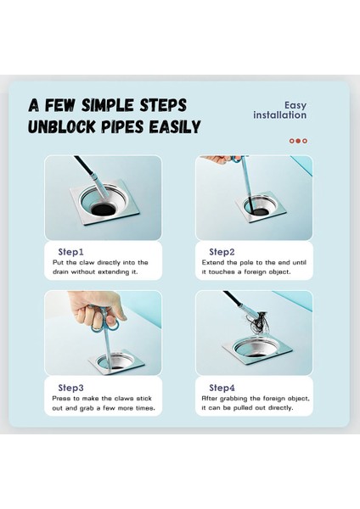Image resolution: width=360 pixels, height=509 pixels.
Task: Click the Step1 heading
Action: [x=70, y=252]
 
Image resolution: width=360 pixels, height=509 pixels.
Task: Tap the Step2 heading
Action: [x=222, y=252]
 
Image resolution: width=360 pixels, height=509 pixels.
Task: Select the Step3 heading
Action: [x=70, y=388]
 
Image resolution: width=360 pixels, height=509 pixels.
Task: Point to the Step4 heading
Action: [x=222, y=388]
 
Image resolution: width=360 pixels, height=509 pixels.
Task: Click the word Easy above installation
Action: [x=295, y=105]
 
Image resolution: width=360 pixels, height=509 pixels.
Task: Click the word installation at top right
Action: [x=279, y=115]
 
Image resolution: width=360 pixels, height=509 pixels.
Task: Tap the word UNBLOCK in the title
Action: [x=62, y=127]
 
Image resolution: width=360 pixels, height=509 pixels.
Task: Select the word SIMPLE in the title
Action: [x=107, y=105]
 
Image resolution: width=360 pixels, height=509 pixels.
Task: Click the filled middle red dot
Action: [x=298, y=141]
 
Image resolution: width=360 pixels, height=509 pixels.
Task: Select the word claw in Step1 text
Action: [x=87, y=263]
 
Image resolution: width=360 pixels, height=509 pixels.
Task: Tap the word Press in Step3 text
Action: [x=61, y=399]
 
